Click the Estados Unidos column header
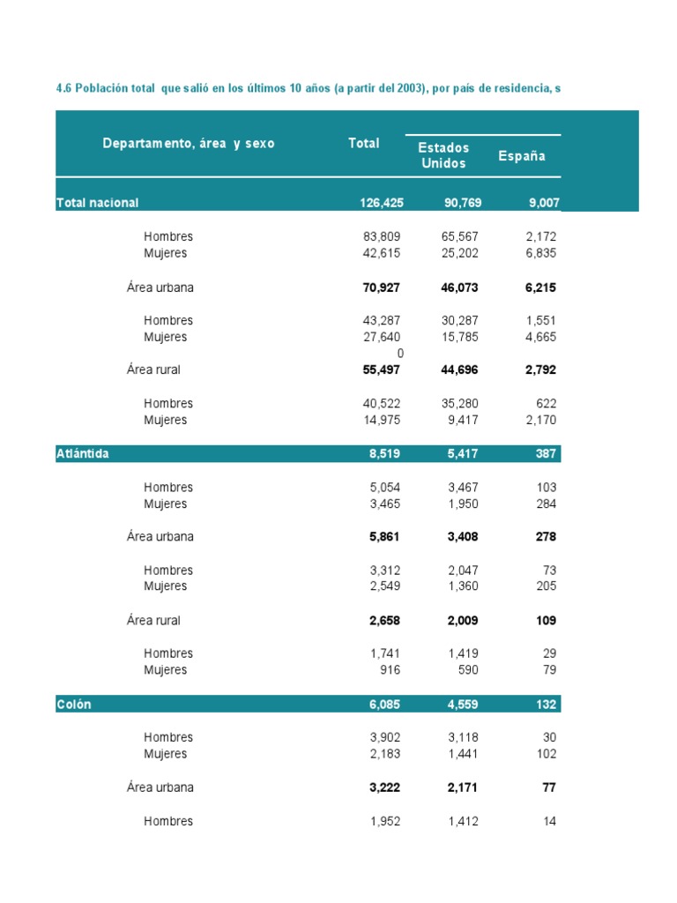pyautogui.click(x=443, y=155)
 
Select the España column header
pyautogui.click(x=521, y=156)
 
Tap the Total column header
pyautogui.click(x=364, y=143)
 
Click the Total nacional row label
pyautogui.click(x=97, y=203)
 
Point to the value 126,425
pyautogui.click(x=381, y=203)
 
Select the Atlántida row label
pyautogui.click(x=82, y=454)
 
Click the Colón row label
pyautogui.click(x=73, y=705)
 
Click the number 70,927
pyautogui.click(x=381, y=287)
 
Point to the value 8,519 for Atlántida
pyautogui.click(x=384, y=454)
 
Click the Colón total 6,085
pyautogui.click(x=384, y=705)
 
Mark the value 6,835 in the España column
pyautogui.click(x=539, y=253)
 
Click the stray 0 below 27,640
pyautogui.click(x=400, y=353)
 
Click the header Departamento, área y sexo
pyautogui.click(x=189, y=143)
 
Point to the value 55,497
pyautogui.click(x=381, y=369)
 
